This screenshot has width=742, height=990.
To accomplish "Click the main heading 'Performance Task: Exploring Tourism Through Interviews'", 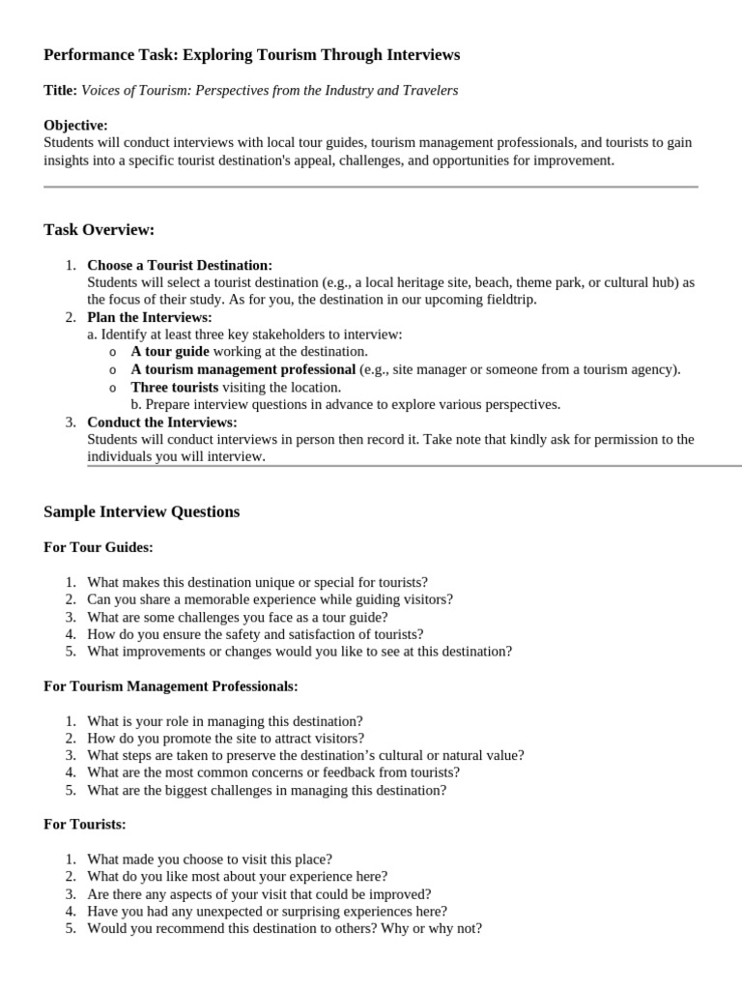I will coord(251,55).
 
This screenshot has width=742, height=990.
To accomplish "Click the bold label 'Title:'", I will coord(60,90).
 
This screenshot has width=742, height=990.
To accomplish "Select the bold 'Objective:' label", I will coord(75,125).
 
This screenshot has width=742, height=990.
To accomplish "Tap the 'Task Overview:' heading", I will coord(99,229).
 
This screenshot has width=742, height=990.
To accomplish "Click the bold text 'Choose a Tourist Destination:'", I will coord(180,265).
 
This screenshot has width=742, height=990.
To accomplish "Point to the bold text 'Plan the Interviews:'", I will coord(149,317).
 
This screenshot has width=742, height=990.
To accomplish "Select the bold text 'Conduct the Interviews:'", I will coord(161,422).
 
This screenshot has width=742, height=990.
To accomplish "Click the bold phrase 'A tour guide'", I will coord(170,352).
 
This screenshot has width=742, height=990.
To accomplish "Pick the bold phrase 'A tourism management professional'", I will coord(243,369).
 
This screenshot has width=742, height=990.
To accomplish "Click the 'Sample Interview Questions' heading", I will coord(141,511).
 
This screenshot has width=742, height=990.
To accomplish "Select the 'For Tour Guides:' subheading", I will coord(99,547).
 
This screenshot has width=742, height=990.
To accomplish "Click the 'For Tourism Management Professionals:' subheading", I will coord(170,686).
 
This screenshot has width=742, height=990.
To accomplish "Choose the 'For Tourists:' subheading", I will coord(85,825).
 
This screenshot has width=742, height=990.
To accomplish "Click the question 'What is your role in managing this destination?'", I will coord(225,721).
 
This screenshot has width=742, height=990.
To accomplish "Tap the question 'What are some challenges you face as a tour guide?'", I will coord(237,617).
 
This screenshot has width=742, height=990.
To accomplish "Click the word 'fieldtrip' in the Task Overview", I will coord(510,300).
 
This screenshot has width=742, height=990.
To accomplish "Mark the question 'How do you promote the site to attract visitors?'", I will coord(225,739).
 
